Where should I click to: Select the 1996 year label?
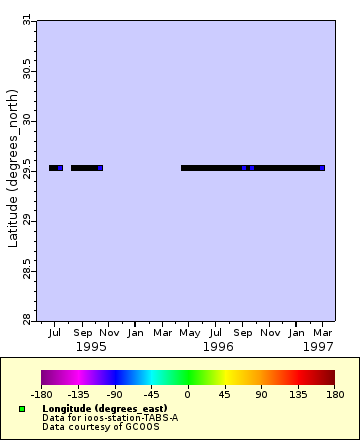[217, 346]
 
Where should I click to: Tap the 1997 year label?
[319, 346]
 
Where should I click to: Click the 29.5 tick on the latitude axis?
[27, 169]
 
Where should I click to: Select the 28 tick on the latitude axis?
[27, 318]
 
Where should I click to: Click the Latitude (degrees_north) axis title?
[12, 169]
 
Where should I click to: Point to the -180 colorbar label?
[41, 394]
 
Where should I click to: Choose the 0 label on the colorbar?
[188, 394]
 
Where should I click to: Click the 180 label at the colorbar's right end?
[333, 394]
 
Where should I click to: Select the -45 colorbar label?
[151, 394]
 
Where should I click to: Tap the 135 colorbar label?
[297, 394]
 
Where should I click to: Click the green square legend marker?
[22, 409]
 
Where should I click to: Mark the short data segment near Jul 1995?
[56, 168]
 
